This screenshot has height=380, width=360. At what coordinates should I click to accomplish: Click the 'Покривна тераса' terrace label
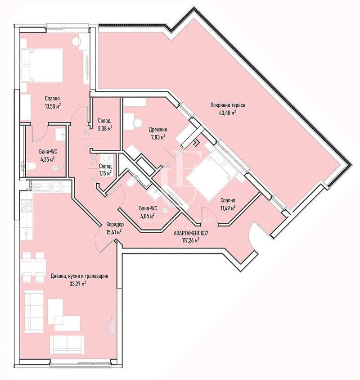pyautogui.click(x=228, y=105)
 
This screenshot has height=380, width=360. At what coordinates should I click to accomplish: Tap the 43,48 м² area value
pyautogui.click(x=228, y=113)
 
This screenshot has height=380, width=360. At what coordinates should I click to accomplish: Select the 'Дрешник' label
pyautogui.click(x=158, y=130)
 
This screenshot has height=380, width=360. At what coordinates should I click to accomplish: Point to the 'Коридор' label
pyautogui.click(x=115, y=224)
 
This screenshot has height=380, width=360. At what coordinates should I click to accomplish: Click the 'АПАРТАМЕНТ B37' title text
pyautogui.click(x=191, y=233)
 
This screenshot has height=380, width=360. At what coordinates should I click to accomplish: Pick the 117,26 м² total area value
pyautogui.click(x=191, y=240)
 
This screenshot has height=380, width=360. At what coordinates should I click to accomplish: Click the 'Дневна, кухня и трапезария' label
pyautogui.click(x=80, y=276)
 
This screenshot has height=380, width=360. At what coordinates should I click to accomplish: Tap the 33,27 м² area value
pyautogui.click(x=78, y=284)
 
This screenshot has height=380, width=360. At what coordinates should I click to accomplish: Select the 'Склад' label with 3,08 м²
pyautogui.click(x=104, y=121)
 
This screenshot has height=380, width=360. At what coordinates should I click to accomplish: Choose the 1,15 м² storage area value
pyautogui.click(x=105, y=173)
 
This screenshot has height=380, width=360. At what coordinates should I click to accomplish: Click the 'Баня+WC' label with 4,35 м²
pyautogui.click(x=48, y=151)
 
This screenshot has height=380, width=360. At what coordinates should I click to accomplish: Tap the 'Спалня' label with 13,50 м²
pyautogui.click(x=52, y=99)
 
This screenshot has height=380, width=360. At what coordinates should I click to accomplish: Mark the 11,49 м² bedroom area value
pyautogui.click(x=228, y=208)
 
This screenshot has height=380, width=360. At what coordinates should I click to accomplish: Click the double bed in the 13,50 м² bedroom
pyautogui.click(x=42, y=65)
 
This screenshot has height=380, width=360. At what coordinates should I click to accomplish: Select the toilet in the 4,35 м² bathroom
pyautogui.click(x=32, y=166)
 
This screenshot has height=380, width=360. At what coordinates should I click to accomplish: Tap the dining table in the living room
pyautogui.click(x=33, y=267)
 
